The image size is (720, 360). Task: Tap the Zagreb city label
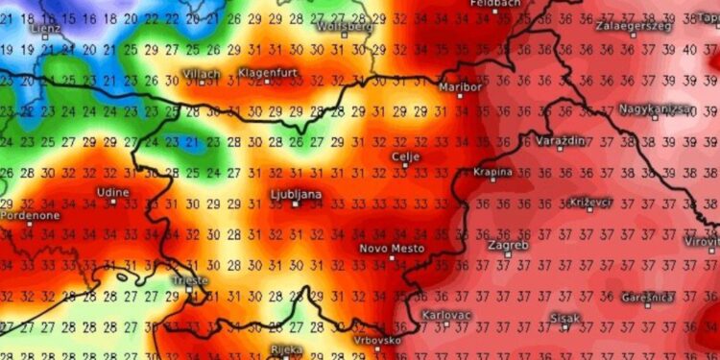click(x=509, y=245)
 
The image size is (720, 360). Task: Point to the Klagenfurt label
click(x=269, y=73)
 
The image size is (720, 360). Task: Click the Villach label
click(x=201, y=74)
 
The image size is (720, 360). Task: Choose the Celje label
click(x=405, y=156)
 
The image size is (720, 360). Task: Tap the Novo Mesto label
click(x=392, y=248)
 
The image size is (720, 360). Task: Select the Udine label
click(x=113, y=193)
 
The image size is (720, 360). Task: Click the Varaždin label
click(x=560, y=140)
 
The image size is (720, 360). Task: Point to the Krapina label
click(x=493, y=172)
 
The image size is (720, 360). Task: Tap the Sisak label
click(x=564, y=316)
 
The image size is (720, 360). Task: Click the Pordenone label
click(x=30, y=216)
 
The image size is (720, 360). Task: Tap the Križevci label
click(x=593, y=203)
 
